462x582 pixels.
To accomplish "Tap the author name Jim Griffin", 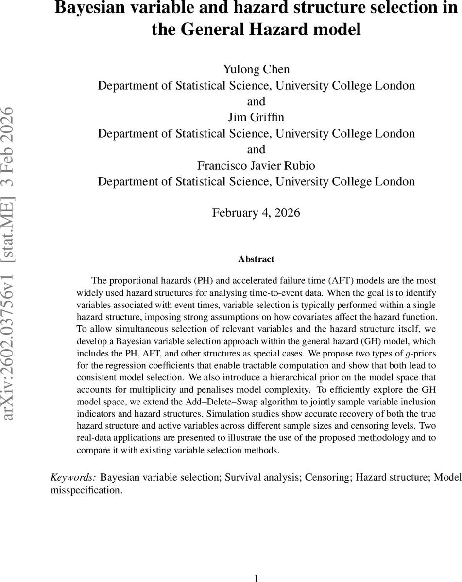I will pos(256,117).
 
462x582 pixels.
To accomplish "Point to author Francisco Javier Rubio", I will pos(256,165).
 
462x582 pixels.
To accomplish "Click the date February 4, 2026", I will pos(256,213).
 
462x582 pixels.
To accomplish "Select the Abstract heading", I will pos(256,259).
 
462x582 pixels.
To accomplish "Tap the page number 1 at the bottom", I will pos(256,578).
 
